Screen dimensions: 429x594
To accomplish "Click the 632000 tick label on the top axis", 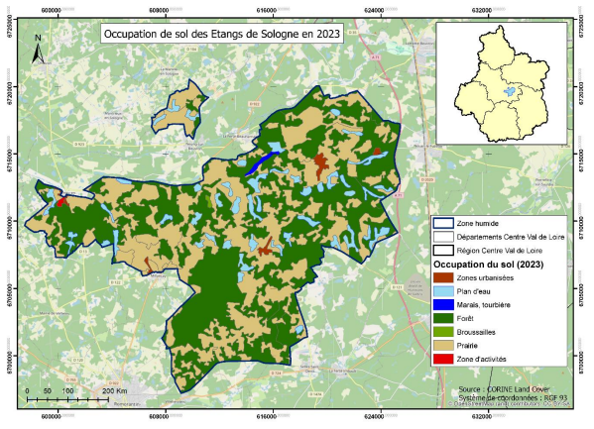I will [x=481, y=8].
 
